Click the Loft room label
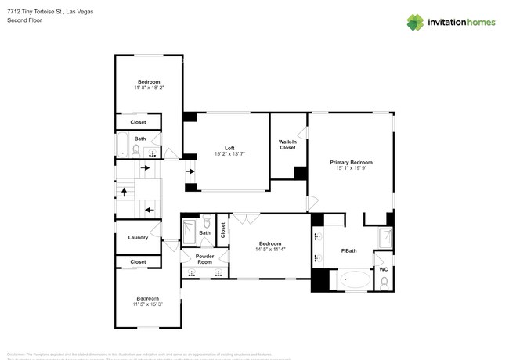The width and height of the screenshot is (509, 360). point(229,149)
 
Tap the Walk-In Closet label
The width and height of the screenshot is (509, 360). point(287,144)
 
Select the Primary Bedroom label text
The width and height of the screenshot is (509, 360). point(351,162)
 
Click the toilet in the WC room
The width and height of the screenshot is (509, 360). point(383,282)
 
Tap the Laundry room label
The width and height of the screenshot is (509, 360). point(138,238)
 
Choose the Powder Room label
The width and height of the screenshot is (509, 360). point(204,259)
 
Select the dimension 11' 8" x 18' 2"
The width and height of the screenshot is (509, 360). point(149,88)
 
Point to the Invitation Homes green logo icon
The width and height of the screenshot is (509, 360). point(416,23)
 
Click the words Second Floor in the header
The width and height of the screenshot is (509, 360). point(24,20)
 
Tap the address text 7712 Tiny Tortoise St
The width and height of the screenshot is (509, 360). point(34,12)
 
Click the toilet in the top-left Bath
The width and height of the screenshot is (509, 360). point(136,149)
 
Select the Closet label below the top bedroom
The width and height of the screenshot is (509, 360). point(138,122)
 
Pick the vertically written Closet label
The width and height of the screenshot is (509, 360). point(222,230)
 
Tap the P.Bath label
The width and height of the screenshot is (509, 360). point(348,250)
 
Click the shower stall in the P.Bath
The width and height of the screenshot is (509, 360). point(385,238)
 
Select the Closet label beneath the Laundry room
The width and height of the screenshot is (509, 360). point(138,262)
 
